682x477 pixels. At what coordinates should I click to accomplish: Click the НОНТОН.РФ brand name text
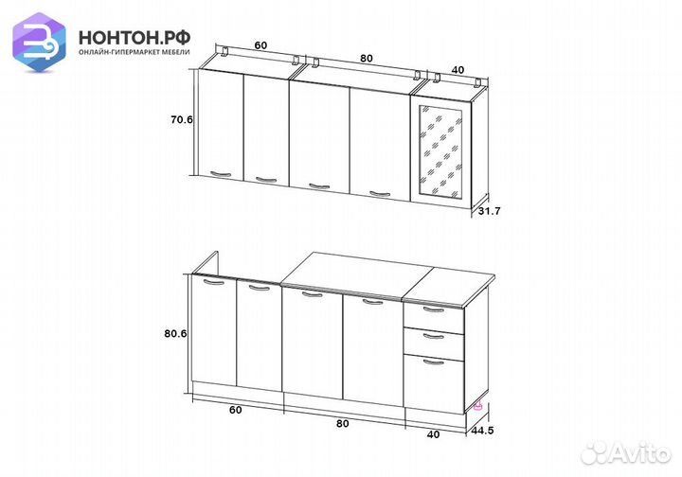(x=135, y=38)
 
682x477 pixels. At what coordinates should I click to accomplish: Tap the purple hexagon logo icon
(x=39, y=42)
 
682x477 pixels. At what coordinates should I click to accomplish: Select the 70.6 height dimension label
(x=181, y=119)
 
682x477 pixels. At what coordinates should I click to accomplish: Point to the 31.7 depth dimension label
(x=490, y=211)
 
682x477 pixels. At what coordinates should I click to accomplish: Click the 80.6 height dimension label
(x=175, y=334)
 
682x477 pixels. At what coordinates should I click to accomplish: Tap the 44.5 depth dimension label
(x=482, y=431)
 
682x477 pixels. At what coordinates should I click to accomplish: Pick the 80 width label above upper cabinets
(x=367, y=59)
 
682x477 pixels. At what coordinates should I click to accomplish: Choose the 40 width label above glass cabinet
(x=458, y=69)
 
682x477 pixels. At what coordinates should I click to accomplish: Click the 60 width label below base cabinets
(x=235, y=410)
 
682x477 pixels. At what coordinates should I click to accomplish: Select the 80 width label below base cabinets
(x=342, y=423)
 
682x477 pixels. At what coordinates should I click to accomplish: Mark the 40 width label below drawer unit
(x=433, y=434)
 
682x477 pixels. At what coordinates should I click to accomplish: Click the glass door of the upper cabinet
(x=440, y=151)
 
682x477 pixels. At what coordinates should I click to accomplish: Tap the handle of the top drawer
(x=433, y=309)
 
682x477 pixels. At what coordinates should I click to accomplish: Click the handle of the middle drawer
(x=433, y=336)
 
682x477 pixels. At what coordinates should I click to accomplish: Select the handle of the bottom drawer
(x=434, y=362)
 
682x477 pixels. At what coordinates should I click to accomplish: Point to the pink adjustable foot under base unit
(x=478, y=406)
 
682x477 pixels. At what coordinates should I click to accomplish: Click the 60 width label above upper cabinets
(x=260, y=45)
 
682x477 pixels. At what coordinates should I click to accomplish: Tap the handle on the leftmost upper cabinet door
(x=221, y=174)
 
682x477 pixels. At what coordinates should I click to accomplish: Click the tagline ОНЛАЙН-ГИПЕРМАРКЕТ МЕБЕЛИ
(x=135, y=52)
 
